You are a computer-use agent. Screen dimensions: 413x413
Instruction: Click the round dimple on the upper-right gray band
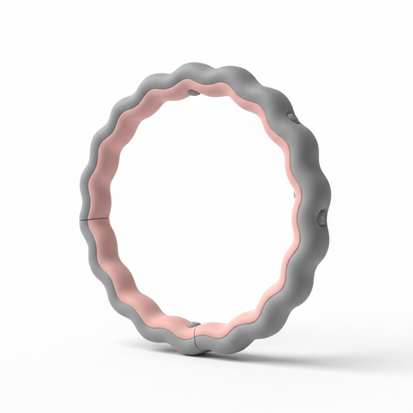click(x=294, y=118)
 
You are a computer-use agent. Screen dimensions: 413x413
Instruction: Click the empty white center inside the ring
click(x=201, y=209)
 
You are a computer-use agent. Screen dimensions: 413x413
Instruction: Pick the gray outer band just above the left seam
click(x=88, y=203)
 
